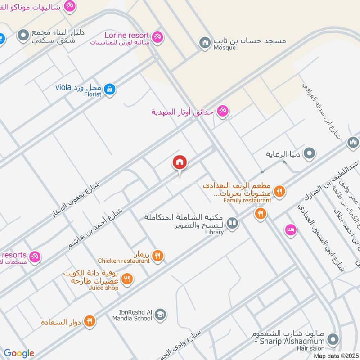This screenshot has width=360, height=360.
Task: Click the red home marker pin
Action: pos(180,163)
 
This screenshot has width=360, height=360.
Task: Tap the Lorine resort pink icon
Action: pos(157,36)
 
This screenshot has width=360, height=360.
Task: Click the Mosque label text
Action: pos(225,48)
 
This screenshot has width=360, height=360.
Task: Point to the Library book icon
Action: pos(232,223)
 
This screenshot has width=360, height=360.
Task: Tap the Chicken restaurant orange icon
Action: pos(157,256)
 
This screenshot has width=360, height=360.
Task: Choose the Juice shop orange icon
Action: pos(127,279)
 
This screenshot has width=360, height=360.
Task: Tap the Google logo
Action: pos(19,353)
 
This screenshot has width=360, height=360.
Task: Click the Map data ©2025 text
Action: pos(336,355)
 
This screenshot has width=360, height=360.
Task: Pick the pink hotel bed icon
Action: pos(291,230)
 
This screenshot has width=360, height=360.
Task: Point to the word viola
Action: pos(63,87)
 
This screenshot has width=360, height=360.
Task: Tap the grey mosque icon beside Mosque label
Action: pos(205,43)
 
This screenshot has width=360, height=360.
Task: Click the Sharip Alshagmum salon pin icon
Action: pos(333,339)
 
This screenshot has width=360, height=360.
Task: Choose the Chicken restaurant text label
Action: pos(124,261)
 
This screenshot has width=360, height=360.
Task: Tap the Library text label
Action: pos(214,232)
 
